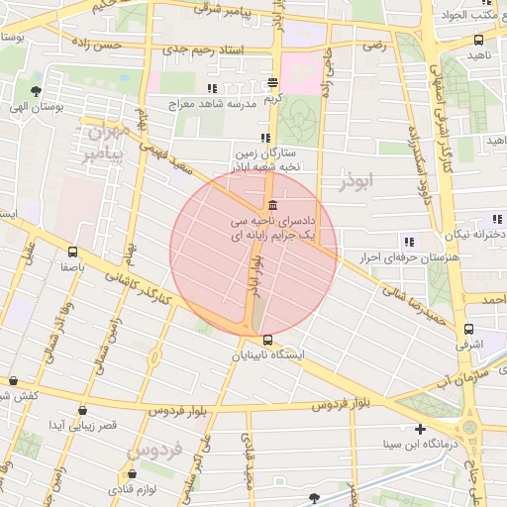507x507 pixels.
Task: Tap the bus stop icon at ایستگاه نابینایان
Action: point(266,340)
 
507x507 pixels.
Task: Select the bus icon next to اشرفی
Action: point(468,330)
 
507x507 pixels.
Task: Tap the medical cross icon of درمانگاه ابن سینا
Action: point(421,430)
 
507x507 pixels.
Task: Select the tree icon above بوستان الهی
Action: point(18,86)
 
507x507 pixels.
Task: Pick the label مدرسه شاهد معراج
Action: point(211,103)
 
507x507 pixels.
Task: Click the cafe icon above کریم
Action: point(272,83)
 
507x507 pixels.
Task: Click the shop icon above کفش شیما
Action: point(13,380)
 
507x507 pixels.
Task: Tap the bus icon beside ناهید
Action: point(479,41)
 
